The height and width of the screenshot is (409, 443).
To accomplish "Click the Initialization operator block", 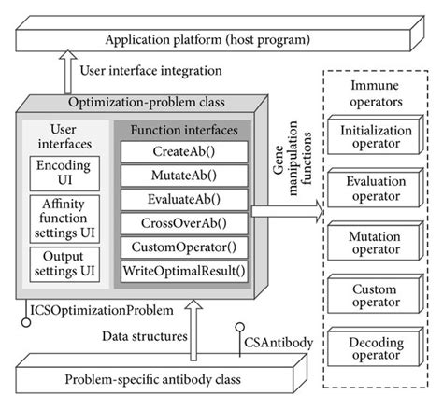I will [374, 138].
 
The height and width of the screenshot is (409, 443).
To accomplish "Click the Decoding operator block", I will [374, 350].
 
